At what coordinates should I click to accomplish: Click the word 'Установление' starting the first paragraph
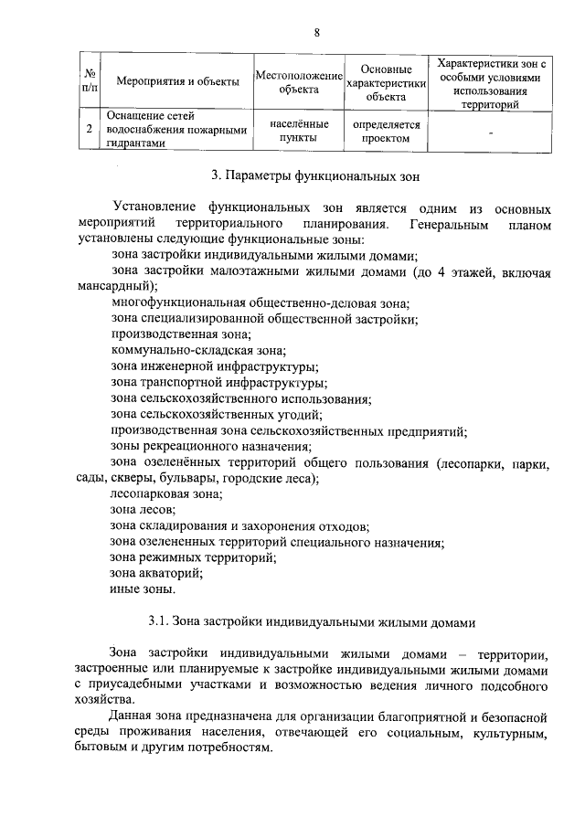[x=153, y=207]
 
